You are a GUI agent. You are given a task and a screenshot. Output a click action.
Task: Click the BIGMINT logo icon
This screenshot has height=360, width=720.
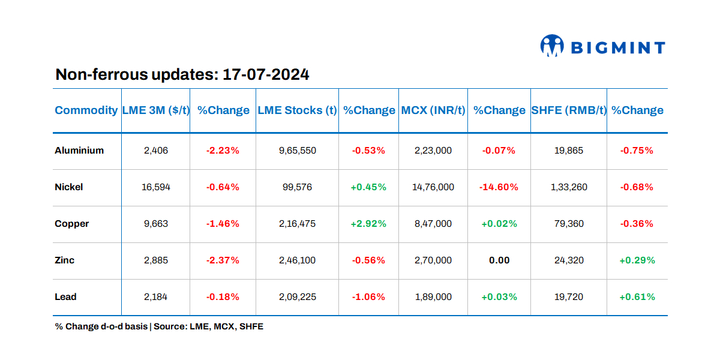click(552, 46)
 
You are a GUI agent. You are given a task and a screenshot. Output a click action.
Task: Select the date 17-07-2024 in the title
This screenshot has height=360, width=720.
click(266, 75)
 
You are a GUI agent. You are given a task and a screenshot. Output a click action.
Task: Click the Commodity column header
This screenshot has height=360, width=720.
click(86, 110)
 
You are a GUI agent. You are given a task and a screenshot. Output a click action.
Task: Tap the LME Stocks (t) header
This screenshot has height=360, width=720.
click(297, 110)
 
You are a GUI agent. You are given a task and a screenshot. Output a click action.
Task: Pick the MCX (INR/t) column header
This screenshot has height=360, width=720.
click(433, 110)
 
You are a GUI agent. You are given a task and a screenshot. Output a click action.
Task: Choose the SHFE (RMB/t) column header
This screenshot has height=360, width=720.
click(569, 110)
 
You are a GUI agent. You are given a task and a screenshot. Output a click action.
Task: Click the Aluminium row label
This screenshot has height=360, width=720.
click(79, 151)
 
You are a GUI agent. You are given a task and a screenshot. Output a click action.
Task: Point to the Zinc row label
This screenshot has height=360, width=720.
click(65, 260)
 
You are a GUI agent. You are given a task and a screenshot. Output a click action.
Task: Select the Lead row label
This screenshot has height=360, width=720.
click(65, 297)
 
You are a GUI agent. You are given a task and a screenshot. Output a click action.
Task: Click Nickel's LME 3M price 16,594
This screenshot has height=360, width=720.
click(156, 187)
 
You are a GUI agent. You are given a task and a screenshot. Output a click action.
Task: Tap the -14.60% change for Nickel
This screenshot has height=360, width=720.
click(499, 187)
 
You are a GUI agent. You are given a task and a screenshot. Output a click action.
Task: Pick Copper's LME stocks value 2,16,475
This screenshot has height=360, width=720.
click(298, 224)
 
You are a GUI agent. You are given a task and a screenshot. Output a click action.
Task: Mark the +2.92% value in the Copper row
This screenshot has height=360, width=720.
click(368, 224)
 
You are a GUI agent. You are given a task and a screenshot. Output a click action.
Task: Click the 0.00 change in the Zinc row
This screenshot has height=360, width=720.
click(499, 260)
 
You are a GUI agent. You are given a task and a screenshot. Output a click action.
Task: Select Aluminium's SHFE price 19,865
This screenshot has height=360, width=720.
click(569, 151)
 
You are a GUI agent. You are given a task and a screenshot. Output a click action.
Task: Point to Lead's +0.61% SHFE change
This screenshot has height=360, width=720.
click(637, 297)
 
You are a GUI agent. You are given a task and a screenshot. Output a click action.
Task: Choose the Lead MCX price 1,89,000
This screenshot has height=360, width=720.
click(433, 297)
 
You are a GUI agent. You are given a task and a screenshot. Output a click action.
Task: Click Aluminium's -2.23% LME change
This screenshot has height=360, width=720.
click(223, 151)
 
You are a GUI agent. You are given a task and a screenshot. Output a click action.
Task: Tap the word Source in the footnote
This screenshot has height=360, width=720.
click(169, 327)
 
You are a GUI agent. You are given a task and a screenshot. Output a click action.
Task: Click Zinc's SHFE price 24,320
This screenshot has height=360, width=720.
click(569, 260)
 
